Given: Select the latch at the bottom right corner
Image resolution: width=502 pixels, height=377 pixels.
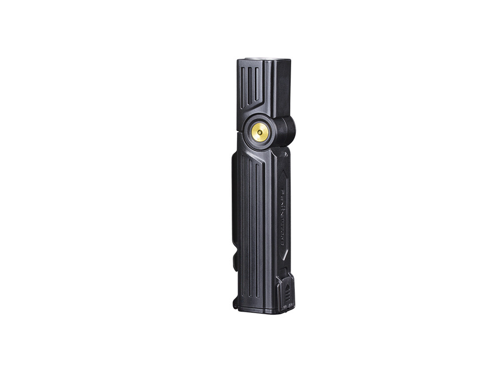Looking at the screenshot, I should pyautogui.click(x=285, y=292).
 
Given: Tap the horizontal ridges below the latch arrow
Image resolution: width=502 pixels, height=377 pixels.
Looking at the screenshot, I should pyautogui.click(x=288, y=299).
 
